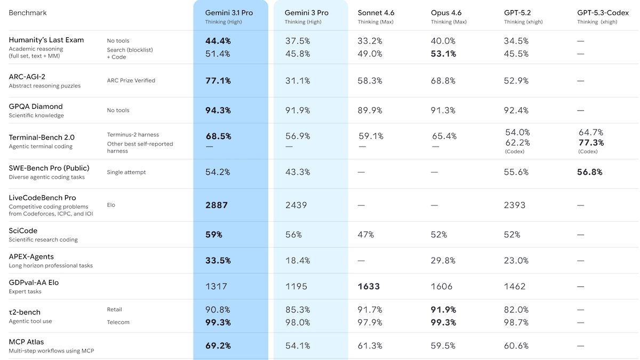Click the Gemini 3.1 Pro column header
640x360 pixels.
click(x=229, y=13)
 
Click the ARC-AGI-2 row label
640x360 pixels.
click(x=27, y=77)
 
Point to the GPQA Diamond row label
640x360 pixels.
click(x=36, y=107)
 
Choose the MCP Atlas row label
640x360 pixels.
click(x=27, y=342)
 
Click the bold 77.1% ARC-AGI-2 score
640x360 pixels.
click(x=218, y=81)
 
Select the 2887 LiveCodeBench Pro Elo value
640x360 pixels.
click(x=217, y=205)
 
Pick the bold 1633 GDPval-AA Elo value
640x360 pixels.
click(x=369, y=286)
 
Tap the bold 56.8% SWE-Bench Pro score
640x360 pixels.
click(x=590, y=172)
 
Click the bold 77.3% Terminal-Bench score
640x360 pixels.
click(x=591, y=142)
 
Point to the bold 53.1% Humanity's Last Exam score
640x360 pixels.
click(x=444, y=53)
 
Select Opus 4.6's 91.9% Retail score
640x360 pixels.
click(x=444, y=309)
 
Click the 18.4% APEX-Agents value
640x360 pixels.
click(x=298, y=260)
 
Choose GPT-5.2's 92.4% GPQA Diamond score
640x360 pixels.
click(x=516, y=110)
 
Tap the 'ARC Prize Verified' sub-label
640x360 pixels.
click(x=131, y=81)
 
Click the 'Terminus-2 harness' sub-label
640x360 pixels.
click(x=133, y=135)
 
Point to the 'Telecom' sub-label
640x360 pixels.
click(x=118, y=322)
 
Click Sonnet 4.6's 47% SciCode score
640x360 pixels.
click(x=366, y=234)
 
